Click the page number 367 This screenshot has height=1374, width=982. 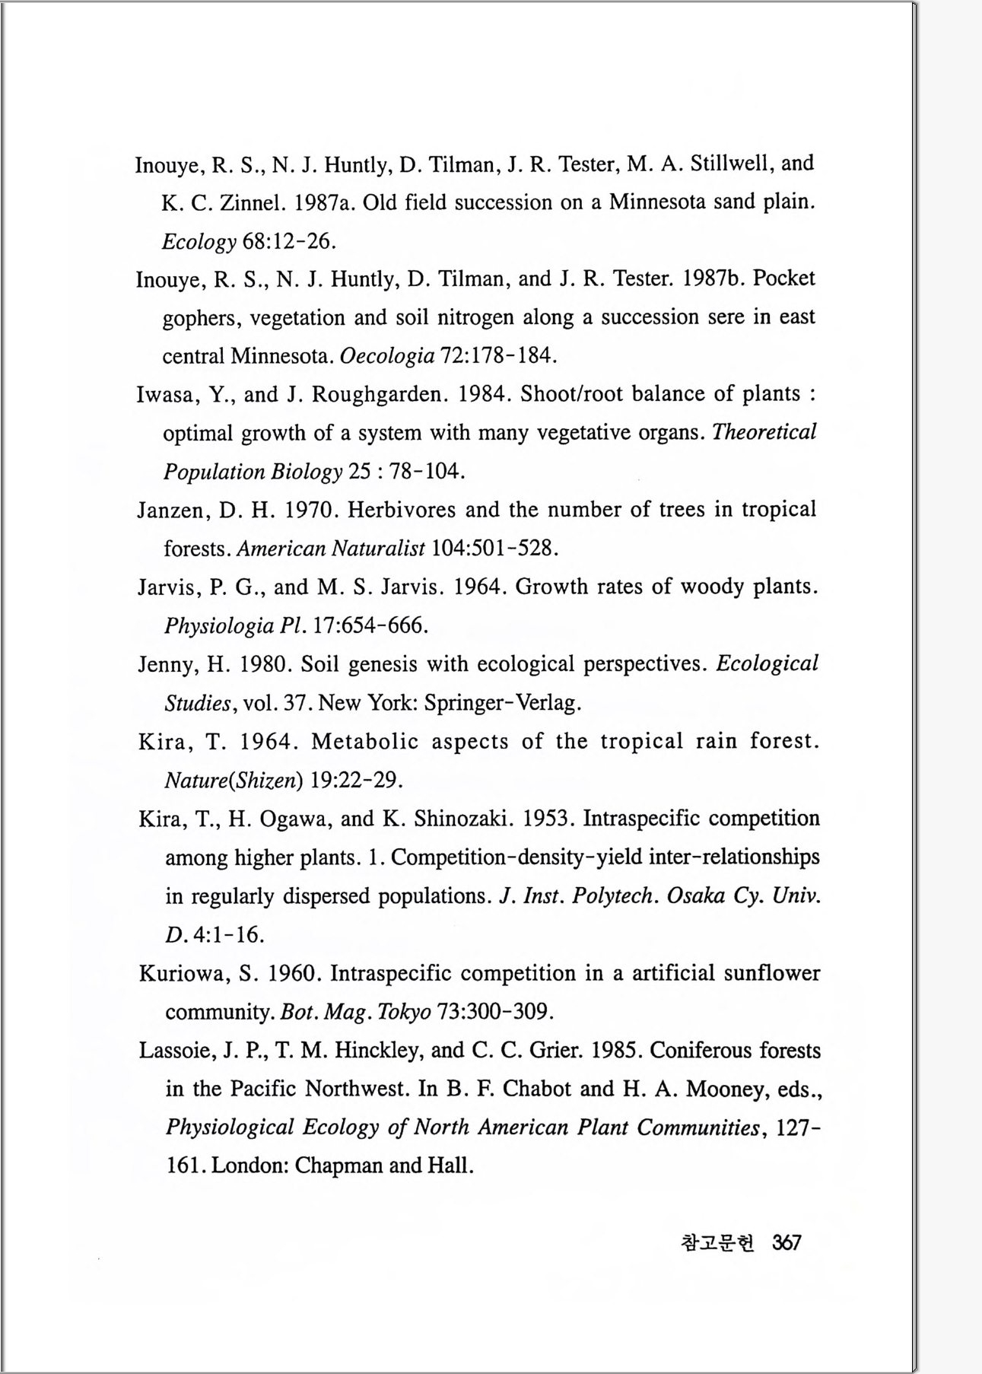coord(787,1243)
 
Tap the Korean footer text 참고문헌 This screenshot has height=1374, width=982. coord(717,1243)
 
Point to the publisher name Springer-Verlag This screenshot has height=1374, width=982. coord(503,702)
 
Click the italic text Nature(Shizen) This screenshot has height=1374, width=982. coord(234,780)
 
